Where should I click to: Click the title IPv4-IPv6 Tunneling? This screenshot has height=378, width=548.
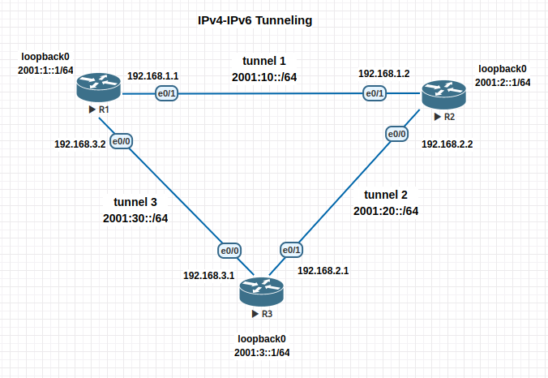click(x=255, y=19)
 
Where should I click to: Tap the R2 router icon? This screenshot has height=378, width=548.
click(x=443, y=95)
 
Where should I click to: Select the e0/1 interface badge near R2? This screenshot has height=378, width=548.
click(x=375, y=94)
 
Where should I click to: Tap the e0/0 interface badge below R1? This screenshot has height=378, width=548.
click(x=122, y=141)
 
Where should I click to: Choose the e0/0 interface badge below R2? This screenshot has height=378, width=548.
click(x=396, y=133)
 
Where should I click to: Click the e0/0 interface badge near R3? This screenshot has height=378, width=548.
click(x=229, y=250)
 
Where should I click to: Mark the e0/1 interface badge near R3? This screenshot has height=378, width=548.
click(x=291, y=250)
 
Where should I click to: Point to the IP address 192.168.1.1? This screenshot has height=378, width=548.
click(x=152, y=76)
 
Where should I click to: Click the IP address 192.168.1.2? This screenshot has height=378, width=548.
click(x=383, y=74)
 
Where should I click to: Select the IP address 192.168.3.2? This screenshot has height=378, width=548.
click(x=79, y=144)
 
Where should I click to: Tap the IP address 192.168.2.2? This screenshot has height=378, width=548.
click(x=447, y=144)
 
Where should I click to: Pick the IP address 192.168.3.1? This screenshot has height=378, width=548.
click(x=208, y=276)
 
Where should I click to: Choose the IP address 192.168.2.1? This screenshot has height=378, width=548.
click(x=323, y=270)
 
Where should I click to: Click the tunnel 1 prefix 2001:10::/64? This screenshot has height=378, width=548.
click(x=264, y=78)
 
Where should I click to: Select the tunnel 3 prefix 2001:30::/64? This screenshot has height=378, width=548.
click(x=135, y=218)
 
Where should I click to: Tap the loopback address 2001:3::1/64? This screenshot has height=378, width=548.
click(x=262, y=352)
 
